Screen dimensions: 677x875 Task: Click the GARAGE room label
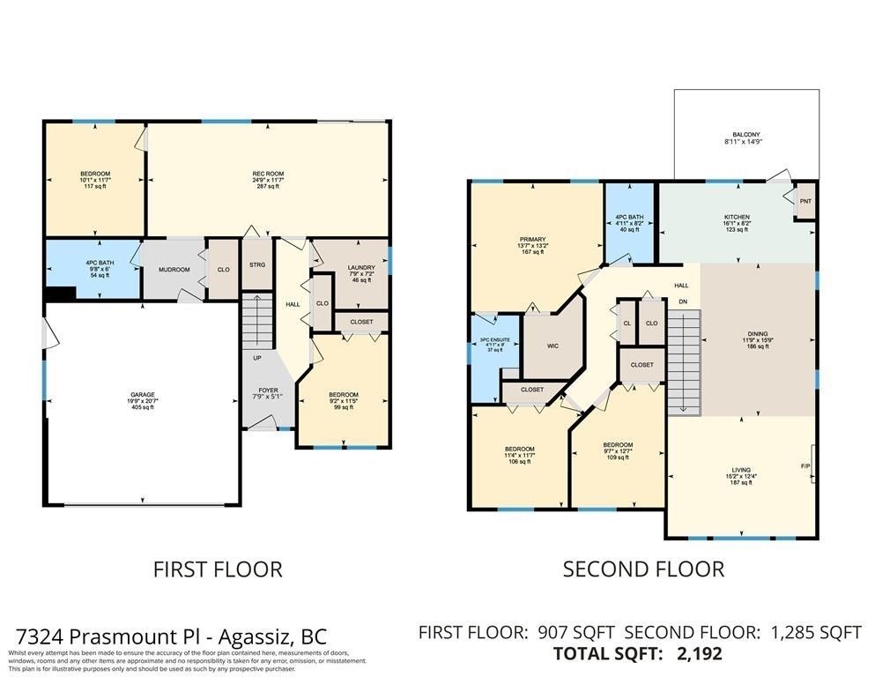(143, 395)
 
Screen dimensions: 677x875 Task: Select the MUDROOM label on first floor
(173, 270)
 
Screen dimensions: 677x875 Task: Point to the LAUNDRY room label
(361, 267)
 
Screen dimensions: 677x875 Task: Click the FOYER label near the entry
(268, 391)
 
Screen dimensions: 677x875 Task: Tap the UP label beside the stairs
(256, 359)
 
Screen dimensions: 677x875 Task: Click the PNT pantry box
(805, 201)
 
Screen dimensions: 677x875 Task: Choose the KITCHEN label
(737, 217)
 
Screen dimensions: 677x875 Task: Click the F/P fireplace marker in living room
(805, 465)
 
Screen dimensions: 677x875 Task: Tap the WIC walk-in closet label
(552, 346)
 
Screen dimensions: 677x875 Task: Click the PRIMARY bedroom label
(532, 240)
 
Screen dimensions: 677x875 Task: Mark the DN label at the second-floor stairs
(682, 301)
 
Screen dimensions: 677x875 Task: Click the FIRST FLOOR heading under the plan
(218, 569)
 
